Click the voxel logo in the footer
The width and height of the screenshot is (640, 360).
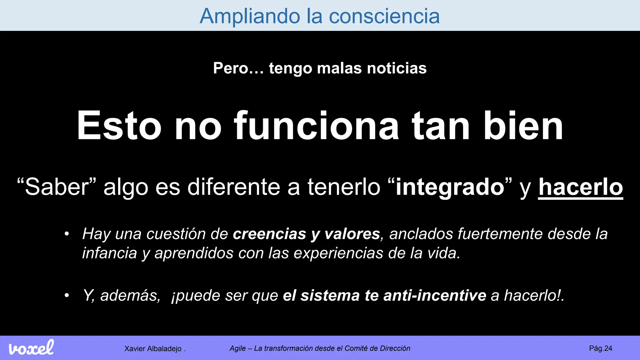31,348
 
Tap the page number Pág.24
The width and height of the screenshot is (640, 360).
600,348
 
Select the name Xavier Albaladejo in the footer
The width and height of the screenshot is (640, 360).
153,349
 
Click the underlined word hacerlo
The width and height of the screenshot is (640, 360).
580,187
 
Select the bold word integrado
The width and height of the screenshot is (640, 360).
450,187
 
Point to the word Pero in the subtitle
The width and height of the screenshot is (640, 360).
231,68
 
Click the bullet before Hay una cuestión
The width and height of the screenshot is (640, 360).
67,234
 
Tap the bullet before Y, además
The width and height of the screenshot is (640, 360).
67,296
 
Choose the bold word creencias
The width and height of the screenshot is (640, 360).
269,234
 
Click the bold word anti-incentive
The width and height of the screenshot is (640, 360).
435,296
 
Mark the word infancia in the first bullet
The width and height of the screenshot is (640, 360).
109,253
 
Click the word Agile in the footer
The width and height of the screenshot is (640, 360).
237,348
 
